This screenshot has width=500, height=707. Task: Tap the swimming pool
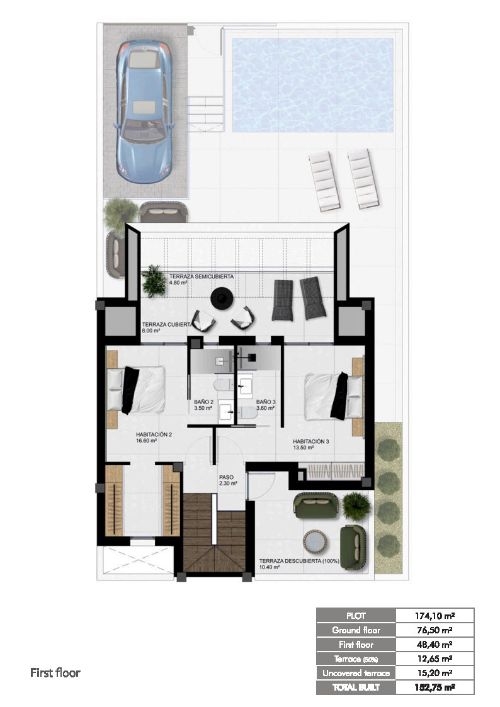click(x=312, y=85)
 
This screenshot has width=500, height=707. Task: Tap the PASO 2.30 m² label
click(x=228, y=480)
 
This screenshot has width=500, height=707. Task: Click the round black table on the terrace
click(x=222, y=298)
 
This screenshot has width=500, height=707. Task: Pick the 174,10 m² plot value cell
click(x=434, y=616)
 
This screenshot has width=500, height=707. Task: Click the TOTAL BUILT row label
click(x=356, y=687)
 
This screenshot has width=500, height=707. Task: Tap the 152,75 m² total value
click(x=434, y=687)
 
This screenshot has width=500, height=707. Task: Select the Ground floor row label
click(x=356, y=630)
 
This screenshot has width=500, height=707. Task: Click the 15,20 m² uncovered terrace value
click(x=434, y=673)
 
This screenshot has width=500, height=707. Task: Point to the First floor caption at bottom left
click(x=55, y=673)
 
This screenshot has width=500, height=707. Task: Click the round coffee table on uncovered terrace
click(x=315, y=541)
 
